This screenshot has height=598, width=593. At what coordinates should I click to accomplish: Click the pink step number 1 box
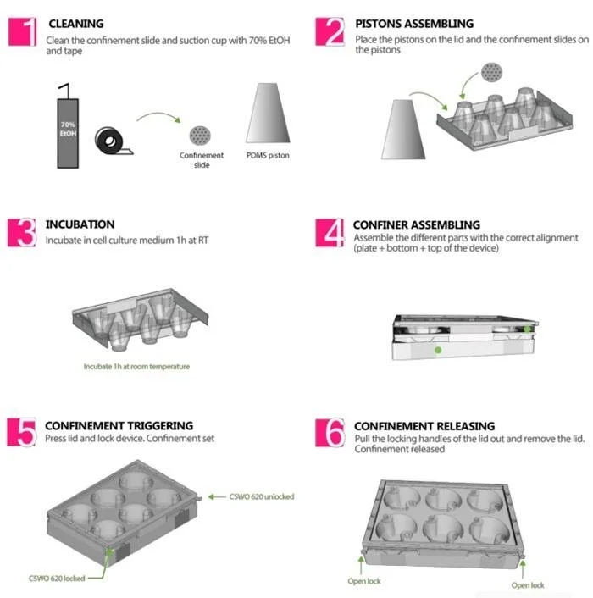pos(23,32)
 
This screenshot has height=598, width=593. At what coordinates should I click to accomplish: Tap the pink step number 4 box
pos(330,233)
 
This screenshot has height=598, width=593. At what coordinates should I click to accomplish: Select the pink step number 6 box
pos(330,433)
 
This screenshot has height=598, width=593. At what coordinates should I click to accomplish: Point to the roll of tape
pos(114,141)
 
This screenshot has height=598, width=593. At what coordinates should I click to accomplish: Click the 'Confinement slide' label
pos(202,160)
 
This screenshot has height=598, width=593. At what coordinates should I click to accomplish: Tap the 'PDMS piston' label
pos(268,156)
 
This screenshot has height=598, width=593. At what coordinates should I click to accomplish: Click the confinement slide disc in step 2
pos(491,72)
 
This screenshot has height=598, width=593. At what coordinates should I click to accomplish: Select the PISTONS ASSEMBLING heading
pos(414,24)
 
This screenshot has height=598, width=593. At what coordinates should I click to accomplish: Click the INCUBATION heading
pos(80,224)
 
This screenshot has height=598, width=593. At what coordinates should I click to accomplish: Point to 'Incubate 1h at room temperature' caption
pos(136,367)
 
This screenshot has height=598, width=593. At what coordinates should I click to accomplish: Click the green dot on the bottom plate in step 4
pos(438,350)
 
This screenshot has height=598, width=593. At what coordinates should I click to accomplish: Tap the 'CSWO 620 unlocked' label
pos(262,496)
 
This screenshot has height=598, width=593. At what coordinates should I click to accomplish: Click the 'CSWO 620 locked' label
pos(57,579)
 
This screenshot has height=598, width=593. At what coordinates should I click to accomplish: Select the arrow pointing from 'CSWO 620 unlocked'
pos(217,496)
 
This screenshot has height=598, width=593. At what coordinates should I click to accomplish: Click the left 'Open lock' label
pos(364,581)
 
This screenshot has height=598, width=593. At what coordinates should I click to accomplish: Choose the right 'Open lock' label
pos(528,585)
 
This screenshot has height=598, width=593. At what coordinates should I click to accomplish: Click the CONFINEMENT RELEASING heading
pos(424,425)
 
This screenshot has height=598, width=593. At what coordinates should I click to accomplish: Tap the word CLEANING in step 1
pos(76,24)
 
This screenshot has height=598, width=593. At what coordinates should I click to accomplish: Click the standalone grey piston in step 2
pos(403,130)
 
